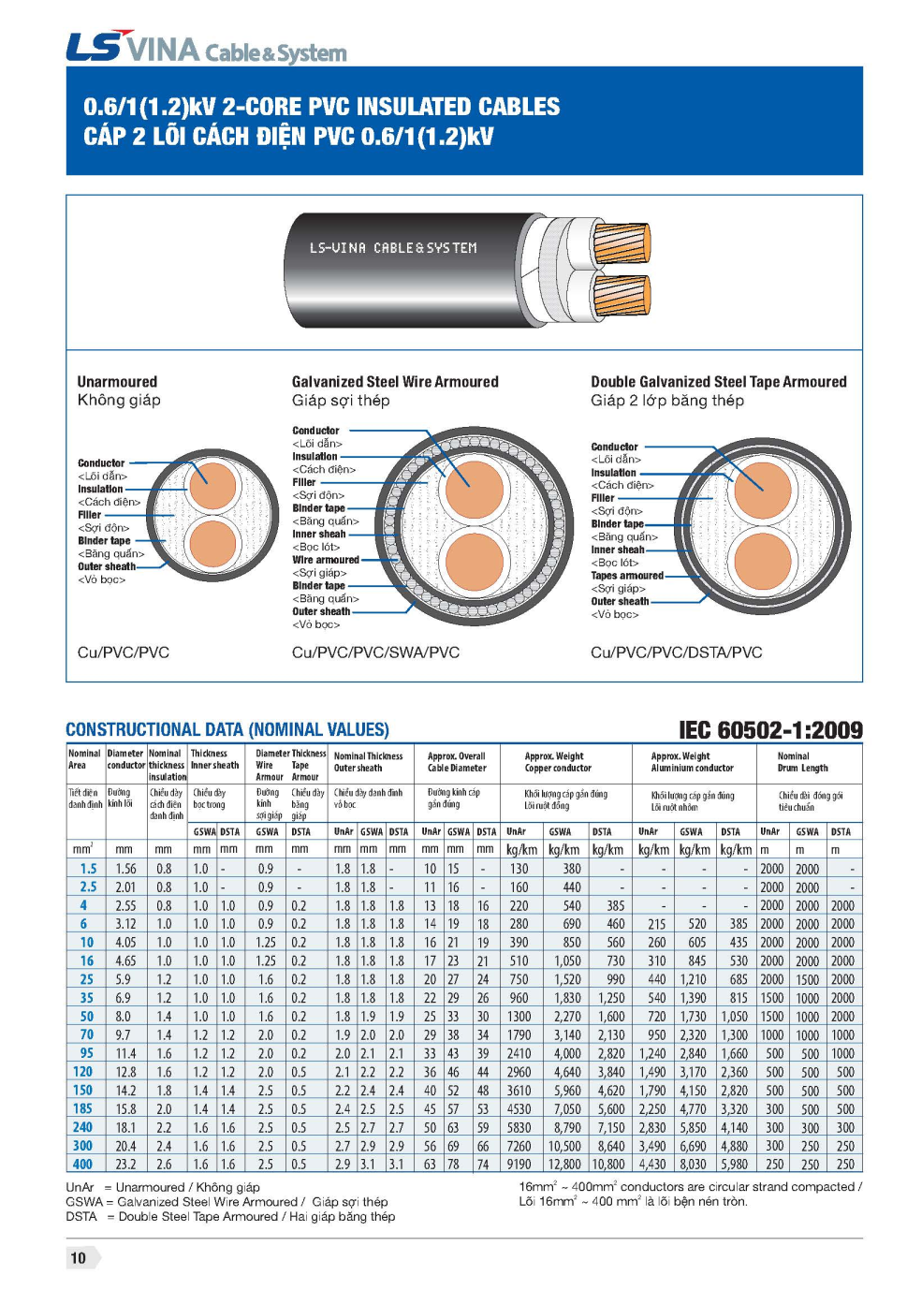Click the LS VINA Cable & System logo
(206, 48)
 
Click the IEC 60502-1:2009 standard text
(770, 730)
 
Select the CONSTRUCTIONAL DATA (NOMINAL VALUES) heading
(227, 730)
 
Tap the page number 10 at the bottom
(79, 1258)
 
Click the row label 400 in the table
(82, 1165)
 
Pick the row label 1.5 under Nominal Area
(88, 869)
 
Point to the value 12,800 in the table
(564, 1165)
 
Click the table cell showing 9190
(519, 1165)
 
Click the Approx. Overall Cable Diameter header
(457, 762)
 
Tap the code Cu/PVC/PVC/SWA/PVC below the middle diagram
(375, 652)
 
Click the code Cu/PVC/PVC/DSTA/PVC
(676, 652)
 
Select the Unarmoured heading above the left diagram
(117, 382)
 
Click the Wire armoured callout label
(325, 560)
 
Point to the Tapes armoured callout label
(626, 576)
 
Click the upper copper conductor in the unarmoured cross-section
(212, 486)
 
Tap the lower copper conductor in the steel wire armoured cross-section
(474, 562)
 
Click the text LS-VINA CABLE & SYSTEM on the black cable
(393, 248)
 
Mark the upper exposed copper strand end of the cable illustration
(622, 242)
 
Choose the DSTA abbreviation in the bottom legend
(81, 1216)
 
